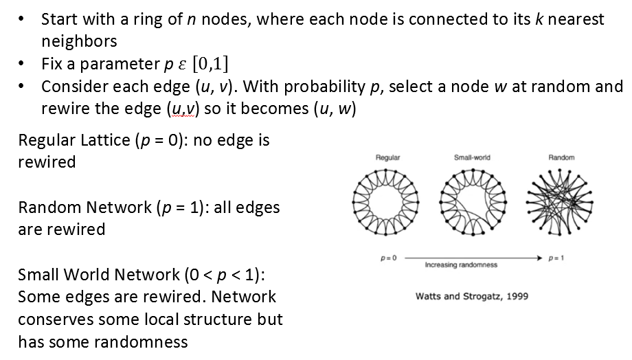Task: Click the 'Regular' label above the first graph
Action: point(387,157)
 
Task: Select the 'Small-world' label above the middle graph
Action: point(472,157)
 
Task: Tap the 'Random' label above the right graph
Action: point(561,157)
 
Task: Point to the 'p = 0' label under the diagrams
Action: point(389,258)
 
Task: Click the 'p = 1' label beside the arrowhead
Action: point(556,258)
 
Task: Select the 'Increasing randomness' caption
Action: point(461,265)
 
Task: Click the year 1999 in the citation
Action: point(517,296)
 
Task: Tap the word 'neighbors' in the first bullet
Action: point(79,41)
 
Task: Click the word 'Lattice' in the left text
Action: point(105,140)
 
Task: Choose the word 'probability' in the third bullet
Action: point(324,87)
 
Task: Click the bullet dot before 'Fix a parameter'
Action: point(21,64)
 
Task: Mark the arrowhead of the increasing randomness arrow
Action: point(540,258)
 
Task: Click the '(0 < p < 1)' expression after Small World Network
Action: point(225,275)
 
